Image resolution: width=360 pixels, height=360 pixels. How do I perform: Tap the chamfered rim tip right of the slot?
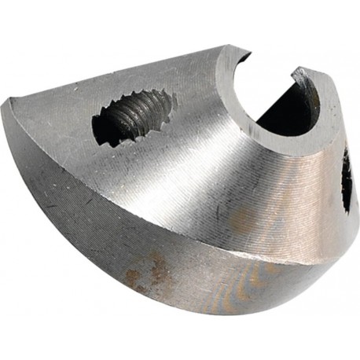pyautogui.click(x=299, y=75)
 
